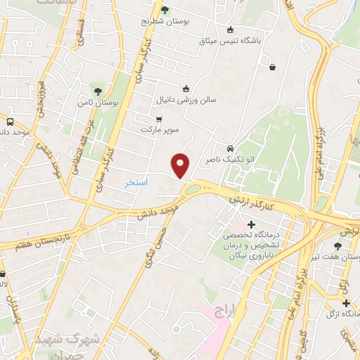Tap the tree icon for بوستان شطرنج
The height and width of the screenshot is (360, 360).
coord(165,10)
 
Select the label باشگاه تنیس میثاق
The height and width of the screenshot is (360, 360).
coord(230,41)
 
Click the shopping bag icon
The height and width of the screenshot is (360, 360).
coord(272,67)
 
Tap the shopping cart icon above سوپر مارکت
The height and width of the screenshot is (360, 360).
coord(160,119)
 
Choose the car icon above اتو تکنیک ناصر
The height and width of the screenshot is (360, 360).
coord(230,149)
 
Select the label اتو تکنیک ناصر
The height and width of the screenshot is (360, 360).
coord(227,161)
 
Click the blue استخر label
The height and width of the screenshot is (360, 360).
coord(136,182)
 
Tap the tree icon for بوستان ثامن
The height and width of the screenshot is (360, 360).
coord(98,91)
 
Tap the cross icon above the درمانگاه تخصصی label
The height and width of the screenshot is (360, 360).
coord(252,224)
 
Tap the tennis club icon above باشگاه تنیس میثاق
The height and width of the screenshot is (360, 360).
coord(230,30)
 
